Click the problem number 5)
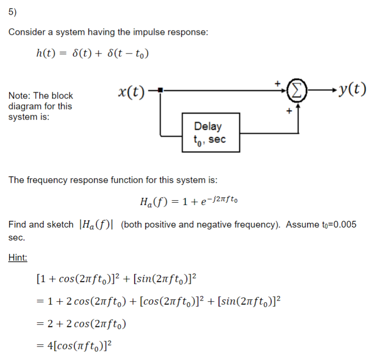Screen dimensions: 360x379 click(12, 13)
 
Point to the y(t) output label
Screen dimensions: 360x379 click(352, 89)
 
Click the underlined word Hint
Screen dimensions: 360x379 click(18, 258)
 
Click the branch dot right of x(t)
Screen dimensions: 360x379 click(161, 89)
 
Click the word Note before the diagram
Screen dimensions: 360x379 click(19, 96)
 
